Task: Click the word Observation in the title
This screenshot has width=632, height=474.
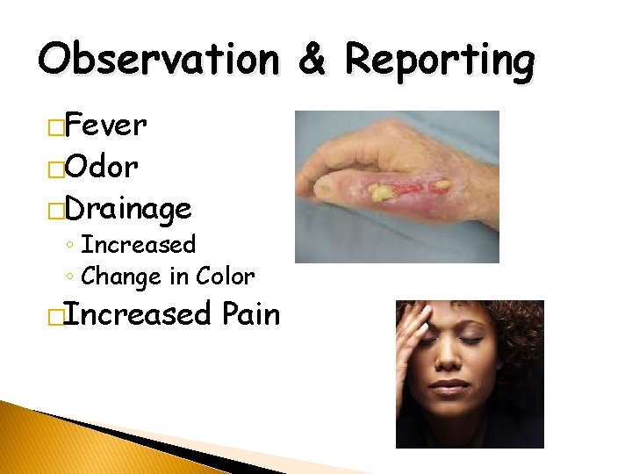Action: [158, 61]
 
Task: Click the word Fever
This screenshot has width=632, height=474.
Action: [105, 126]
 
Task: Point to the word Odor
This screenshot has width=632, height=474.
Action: [101, 167]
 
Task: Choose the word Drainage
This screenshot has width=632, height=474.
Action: [128, 209]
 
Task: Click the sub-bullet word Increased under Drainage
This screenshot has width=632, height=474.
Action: [138, 244]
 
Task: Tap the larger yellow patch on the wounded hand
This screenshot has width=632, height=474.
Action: [383, 190]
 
